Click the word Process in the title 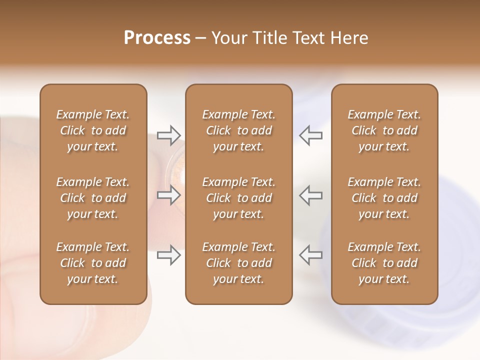(157, 38)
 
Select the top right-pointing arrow (169, 135)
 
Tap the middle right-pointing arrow (169, 195)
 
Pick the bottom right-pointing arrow (169, 255)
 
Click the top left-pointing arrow (310, 135)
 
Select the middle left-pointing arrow (310, 195)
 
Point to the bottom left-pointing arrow (310, 255)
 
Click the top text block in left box (93, 130)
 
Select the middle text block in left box (93, 198)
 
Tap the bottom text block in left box (93, 263)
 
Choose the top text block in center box (239, 130)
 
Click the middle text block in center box (239, 198)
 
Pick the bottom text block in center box (239, 263)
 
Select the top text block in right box (384, 130)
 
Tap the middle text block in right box (384, 198)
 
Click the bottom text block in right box (384, 263)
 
